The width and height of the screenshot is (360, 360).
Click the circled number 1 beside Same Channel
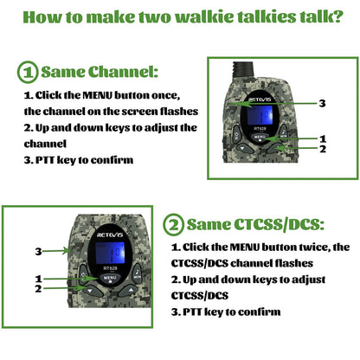(x=28, y=72)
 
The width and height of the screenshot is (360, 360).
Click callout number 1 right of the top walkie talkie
(x=322, y=138)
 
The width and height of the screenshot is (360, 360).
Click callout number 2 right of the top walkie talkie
(x=322, y=149)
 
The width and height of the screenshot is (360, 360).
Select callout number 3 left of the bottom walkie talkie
(x=38, y=251)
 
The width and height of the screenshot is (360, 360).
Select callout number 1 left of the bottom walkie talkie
(x=38, y=278)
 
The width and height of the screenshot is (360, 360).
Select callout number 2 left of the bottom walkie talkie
(x=38, y=288)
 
